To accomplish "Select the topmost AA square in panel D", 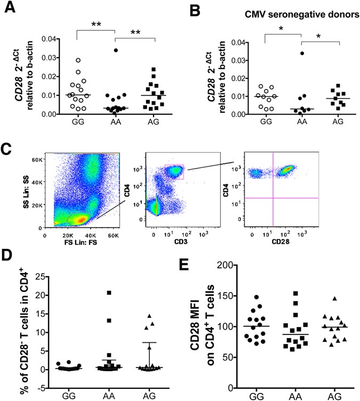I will point(108,293).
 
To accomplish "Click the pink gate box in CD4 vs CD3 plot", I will point(174,171).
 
